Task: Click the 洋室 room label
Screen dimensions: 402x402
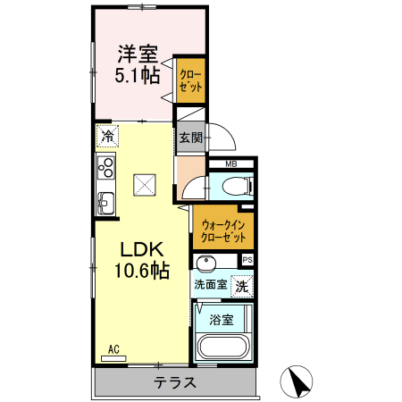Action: [134, 53]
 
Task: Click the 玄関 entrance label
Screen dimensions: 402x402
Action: [189, 138]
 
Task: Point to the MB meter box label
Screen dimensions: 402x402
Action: [230, 163]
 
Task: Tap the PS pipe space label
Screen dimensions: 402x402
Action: [247, 260]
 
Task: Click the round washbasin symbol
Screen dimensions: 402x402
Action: [207, 263]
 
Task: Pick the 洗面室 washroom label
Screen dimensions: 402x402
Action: [210, 285]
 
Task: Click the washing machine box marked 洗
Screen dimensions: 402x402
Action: [241, 286]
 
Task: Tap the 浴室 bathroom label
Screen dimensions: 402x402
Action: [222, 319]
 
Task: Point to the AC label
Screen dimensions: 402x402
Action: [113, 349]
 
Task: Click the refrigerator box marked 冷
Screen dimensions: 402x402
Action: [107, 138]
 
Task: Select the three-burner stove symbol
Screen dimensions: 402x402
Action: [107, 167]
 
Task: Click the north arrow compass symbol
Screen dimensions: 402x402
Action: [297, 381]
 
